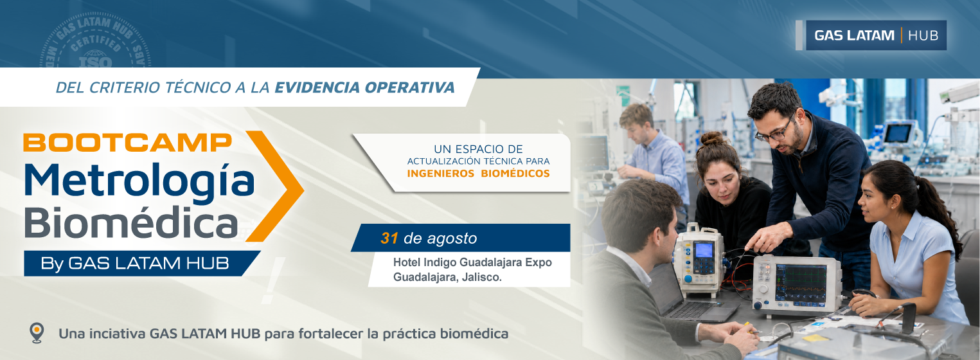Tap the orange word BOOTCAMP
(x=127, y=142)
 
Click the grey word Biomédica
(x=131, y=222)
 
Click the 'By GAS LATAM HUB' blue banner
(x=141, y=264)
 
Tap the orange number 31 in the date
(x=389, y=238)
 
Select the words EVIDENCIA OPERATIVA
(x=364, y=87)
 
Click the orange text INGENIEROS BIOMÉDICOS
(x=478, y=174)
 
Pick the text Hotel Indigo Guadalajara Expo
(x=472, y=262)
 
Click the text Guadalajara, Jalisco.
(x=447, y=277)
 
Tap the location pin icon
(x=37, y=333)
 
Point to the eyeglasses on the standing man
(x=775, y=132)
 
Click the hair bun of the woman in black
(x=712, y=139)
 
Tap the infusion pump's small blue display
(x=703, y=250)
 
